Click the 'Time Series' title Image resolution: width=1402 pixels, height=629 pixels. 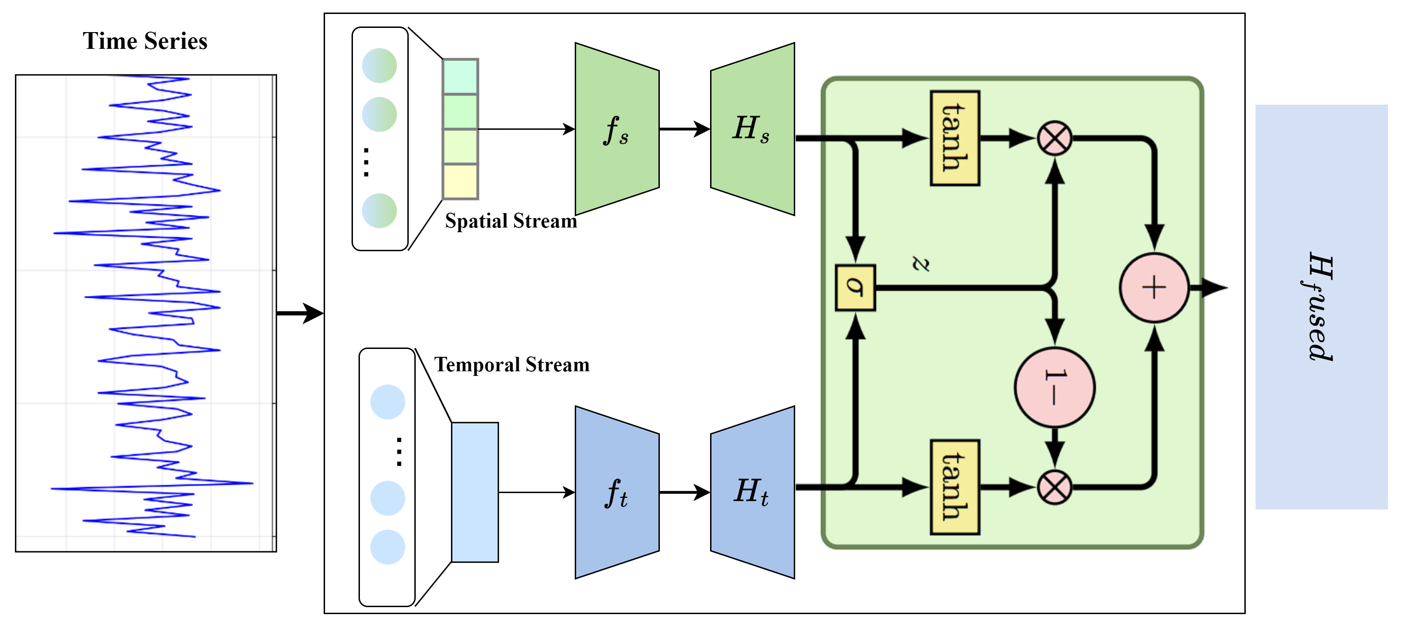145,41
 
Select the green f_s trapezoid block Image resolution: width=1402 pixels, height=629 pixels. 617,129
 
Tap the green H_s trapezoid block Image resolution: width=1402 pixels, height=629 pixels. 753,129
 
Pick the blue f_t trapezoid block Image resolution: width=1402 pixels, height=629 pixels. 617,492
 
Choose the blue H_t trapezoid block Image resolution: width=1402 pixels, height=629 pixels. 753,492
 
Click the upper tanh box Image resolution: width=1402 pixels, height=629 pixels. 955,138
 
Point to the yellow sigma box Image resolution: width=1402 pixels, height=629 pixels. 855,288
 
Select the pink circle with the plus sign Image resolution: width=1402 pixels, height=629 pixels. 1154,288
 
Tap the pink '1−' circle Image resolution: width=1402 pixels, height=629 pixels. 1055,387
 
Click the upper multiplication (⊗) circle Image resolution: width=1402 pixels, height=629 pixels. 1055,138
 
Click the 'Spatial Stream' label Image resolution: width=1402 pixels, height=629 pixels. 511,221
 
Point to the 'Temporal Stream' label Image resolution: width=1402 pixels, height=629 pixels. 512,365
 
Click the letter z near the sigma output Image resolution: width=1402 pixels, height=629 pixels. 920,264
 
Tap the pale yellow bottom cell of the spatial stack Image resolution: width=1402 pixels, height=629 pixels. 460,181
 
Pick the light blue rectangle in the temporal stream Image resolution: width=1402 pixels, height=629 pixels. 475,492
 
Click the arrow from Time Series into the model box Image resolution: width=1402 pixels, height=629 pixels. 300,313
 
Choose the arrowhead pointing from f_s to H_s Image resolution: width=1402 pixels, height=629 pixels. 702,129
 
